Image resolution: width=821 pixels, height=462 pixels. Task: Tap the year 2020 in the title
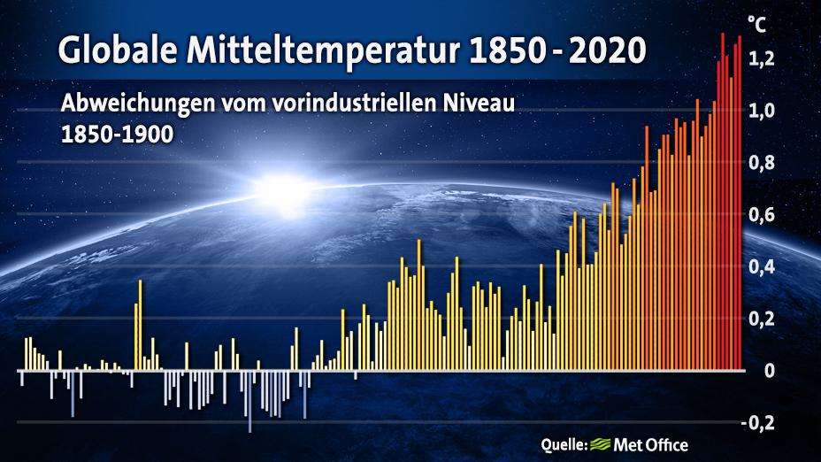(608, 50)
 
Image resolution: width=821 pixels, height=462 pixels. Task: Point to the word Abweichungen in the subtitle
(138, 104)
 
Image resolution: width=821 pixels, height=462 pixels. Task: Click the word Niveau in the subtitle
(479, 103)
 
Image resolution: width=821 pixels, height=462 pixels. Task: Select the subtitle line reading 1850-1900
(118, 135)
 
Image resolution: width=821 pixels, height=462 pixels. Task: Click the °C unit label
(756, 24)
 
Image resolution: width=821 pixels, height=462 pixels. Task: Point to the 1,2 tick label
(762, 59)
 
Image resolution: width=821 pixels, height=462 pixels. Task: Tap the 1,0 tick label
(762, 111)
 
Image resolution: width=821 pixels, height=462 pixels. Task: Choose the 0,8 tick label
(762, 163)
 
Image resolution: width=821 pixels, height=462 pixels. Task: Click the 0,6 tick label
(762, 215)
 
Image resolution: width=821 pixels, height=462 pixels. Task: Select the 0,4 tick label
(762, 266)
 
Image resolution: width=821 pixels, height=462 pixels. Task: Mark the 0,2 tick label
(762, 319)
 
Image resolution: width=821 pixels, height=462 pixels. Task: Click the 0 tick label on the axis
(769, 370)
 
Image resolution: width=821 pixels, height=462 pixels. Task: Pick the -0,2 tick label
(757, 423)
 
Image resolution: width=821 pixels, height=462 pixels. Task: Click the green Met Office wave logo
(600, 444)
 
